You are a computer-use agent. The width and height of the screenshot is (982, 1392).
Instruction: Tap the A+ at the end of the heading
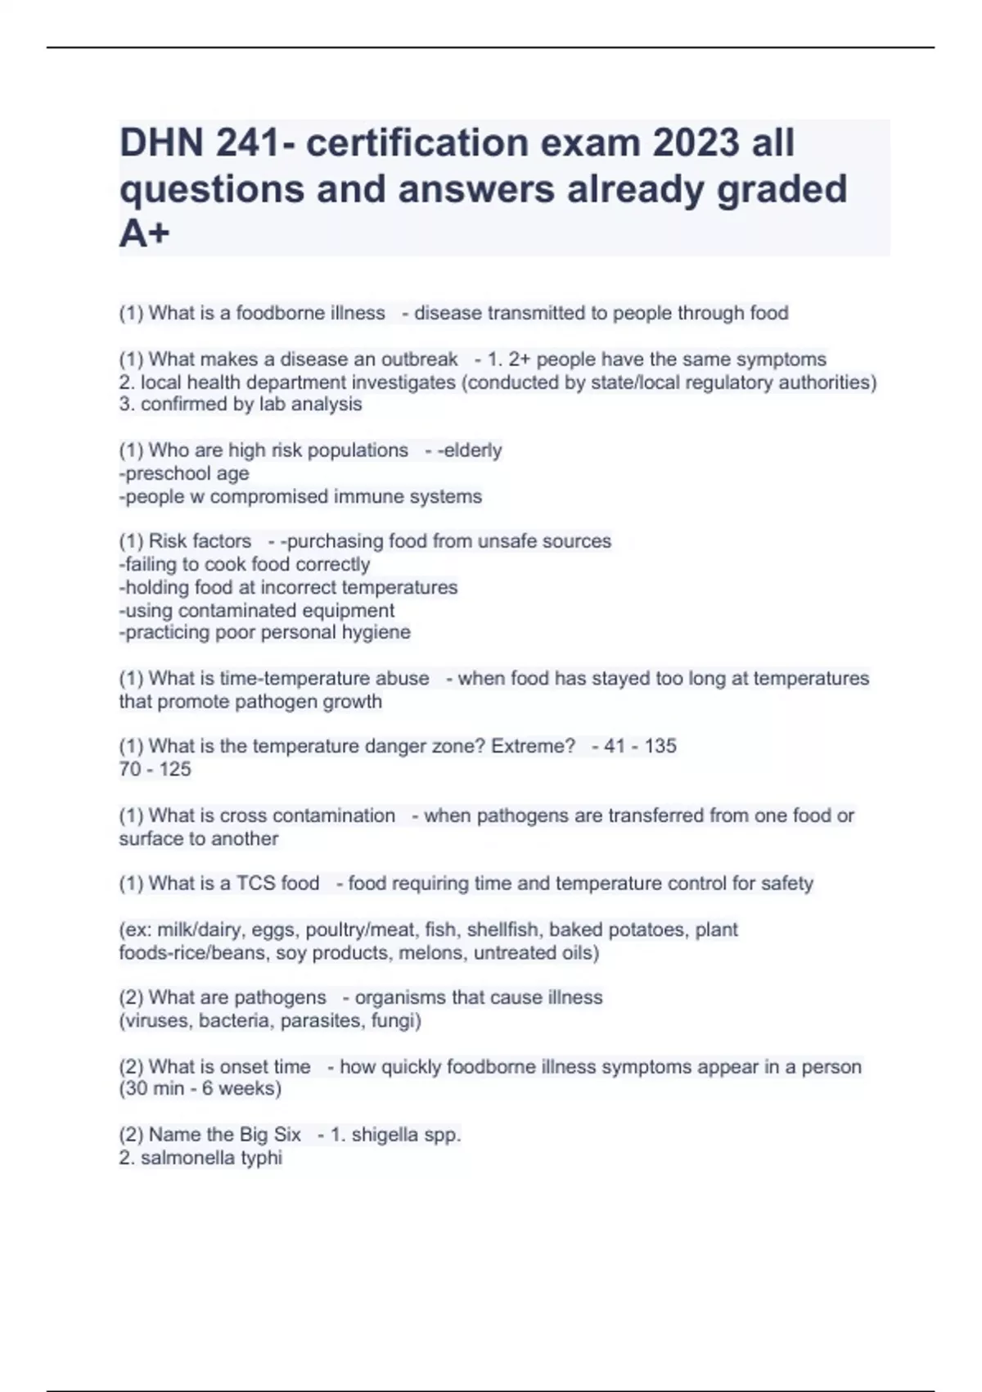point(144,235)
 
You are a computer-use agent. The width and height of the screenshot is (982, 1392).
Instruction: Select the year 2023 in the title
point(696,143)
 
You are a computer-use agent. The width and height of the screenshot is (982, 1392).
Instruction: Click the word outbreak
point(419,359)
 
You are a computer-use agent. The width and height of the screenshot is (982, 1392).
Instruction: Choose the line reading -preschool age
point(184,473)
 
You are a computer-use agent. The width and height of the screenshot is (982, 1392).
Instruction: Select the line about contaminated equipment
point(257,610)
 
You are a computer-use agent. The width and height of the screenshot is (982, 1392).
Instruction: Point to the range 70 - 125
point(155,769)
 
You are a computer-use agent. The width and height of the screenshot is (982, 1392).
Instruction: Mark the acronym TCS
point(255,884)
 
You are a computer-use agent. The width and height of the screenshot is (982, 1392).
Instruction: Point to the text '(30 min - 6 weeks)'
point(200,1089)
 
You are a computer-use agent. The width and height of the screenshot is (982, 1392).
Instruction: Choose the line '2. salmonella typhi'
point(200,1158)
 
